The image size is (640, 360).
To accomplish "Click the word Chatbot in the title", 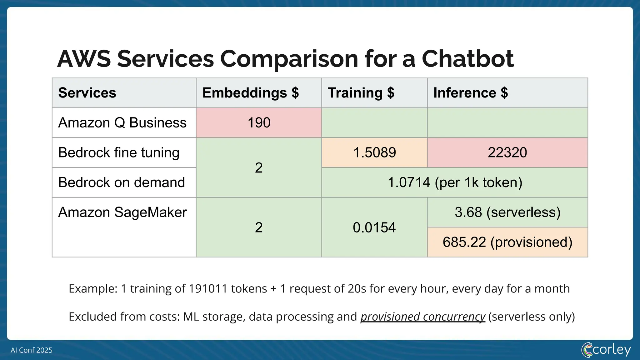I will click(467, 59).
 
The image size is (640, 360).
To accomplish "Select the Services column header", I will click(87, 93).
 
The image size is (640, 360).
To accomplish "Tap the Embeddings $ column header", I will click(250, 93).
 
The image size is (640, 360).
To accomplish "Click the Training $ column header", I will click(361, 93).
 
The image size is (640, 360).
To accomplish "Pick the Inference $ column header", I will click(470, 93).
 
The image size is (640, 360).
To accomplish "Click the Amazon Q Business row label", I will click(122, 122).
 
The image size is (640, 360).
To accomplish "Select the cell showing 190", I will click(259, 122).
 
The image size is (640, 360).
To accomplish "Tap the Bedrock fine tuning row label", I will click(119, 152).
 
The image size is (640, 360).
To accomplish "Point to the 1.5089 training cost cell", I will click(374, 152).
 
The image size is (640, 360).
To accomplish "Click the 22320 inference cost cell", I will click(507, 152).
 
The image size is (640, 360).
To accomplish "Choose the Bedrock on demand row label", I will click(122, 182).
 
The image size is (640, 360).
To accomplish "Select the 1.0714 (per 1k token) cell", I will click(455, 182).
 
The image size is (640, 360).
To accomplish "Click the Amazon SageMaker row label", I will click(122, 212).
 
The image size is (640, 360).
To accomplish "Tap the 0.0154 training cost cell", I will click(374, 227).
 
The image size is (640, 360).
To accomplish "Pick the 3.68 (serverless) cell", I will click(507, 212).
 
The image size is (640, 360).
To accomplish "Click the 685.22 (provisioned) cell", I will click(507, 242).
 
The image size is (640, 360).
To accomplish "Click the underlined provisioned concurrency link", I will click(422, 317).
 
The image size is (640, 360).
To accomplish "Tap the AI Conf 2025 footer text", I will click(32, 350).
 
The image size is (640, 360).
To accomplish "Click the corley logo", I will click(606, 349).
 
